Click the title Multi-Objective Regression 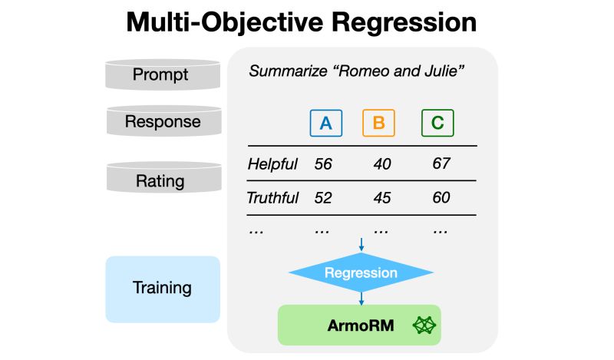pyautogui.click(x=302, y=21)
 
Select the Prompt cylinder pyautogui.click(x=160, y=75)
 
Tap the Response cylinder pyautogui.click(x=163, y=121)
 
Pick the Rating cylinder pyautogui.click(x=160, y=180)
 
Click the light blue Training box pyautogui.click(x=163, y=289)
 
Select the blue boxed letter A pyautogui.click(x=326, y=123)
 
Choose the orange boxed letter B pyautogui.click(x=378, y=123)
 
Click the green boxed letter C pyautogui.click(x=437, y=123)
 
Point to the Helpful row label pyautogui.click(x=272, y=163)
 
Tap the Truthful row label pyautogui.click(x=272, y=198)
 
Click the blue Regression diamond pyautogui.click(x=361, y=272)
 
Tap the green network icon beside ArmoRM pyautogui.click(x=424, y=325)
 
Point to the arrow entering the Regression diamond pyautogui.click(x=361, y=244)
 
